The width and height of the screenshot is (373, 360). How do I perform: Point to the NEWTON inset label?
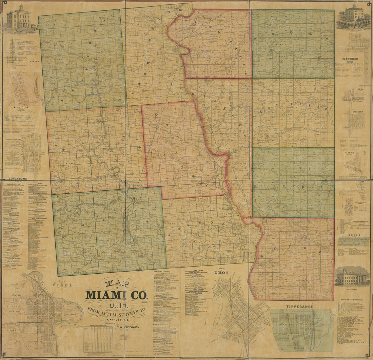click(x=34, y=62)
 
